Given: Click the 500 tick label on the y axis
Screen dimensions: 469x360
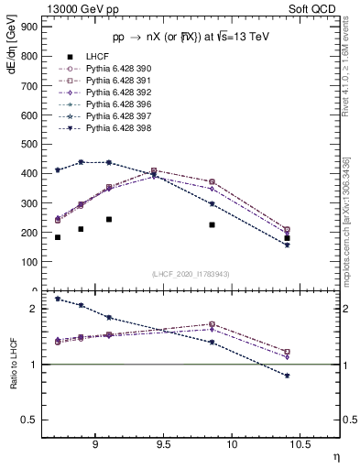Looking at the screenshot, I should (x=29, y=144).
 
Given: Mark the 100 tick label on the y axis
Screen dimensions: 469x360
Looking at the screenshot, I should (x=29, y=261).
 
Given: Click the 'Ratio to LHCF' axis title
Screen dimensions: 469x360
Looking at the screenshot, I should (x=14, y=378).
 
